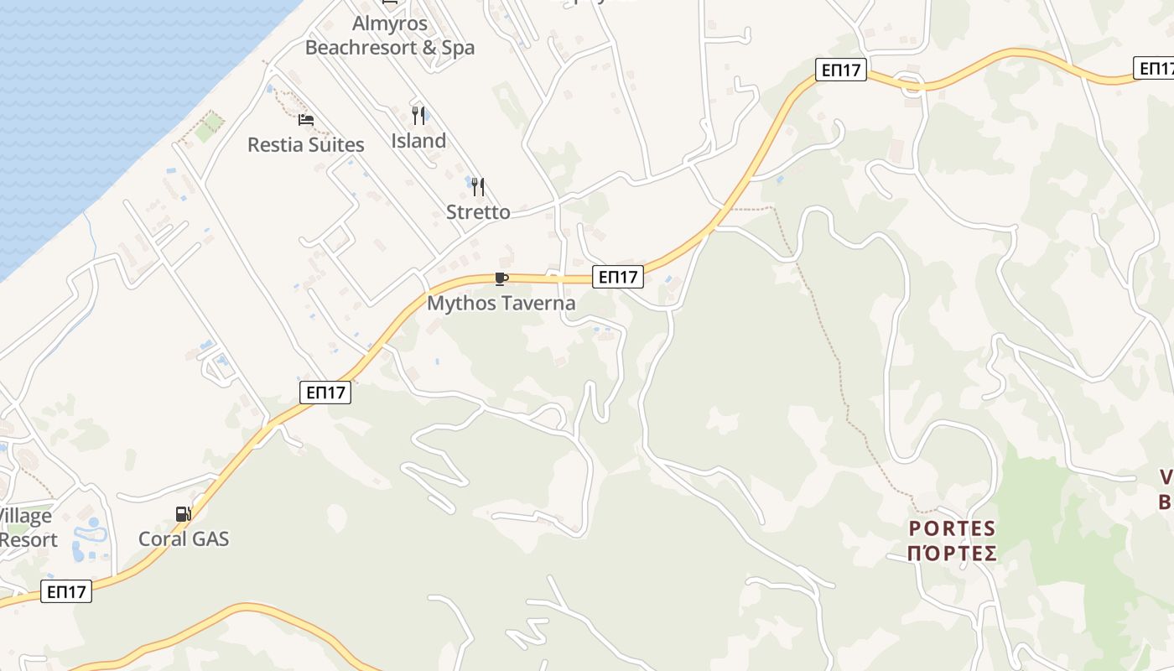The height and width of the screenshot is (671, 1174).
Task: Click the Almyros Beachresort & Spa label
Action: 390,36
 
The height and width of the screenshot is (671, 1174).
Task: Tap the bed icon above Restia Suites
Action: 306,121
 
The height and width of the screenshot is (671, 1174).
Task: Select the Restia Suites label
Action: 306,145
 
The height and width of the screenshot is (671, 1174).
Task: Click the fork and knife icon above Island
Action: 418,116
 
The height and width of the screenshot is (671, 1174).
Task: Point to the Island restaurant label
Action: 418,141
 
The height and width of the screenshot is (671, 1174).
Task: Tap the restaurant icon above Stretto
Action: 478,186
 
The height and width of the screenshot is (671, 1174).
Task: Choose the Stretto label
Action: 478,212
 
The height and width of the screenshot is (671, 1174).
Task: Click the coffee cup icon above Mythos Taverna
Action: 501,278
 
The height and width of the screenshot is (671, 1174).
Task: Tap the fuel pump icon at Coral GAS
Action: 183,513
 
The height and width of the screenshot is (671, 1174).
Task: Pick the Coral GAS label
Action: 184,538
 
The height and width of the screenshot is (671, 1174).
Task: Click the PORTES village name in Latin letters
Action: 953,529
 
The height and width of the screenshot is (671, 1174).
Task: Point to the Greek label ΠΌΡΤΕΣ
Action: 953,554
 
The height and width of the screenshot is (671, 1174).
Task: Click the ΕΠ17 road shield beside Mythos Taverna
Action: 618,276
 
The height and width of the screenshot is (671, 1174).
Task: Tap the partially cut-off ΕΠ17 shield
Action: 1155,68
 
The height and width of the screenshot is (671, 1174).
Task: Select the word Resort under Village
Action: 29,539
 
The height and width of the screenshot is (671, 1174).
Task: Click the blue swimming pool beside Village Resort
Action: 89,532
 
